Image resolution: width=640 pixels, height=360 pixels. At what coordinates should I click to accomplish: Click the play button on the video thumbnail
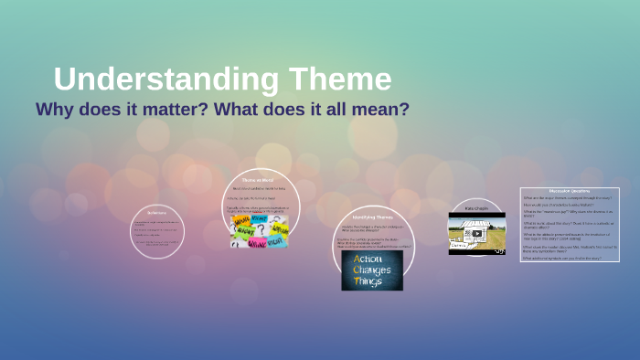coord(476,233)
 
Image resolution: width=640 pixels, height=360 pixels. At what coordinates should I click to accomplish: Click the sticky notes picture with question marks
coord(260,231)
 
